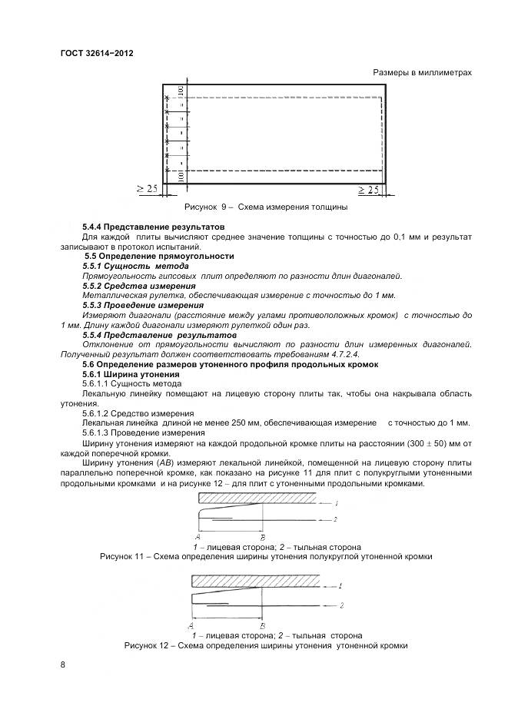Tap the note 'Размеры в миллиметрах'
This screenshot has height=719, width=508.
tap(422, 72)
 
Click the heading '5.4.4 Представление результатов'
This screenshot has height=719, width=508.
tap(153, 227)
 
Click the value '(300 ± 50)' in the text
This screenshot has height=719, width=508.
tap(420, 444)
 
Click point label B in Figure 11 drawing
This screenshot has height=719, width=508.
tap(264, 537)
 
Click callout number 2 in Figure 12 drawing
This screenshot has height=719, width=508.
tap(340, 606)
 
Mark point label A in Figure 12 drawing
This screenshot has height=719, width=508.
tap(190, 625)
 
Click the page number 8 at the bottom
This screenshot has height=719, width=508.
tap(62, 664)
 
